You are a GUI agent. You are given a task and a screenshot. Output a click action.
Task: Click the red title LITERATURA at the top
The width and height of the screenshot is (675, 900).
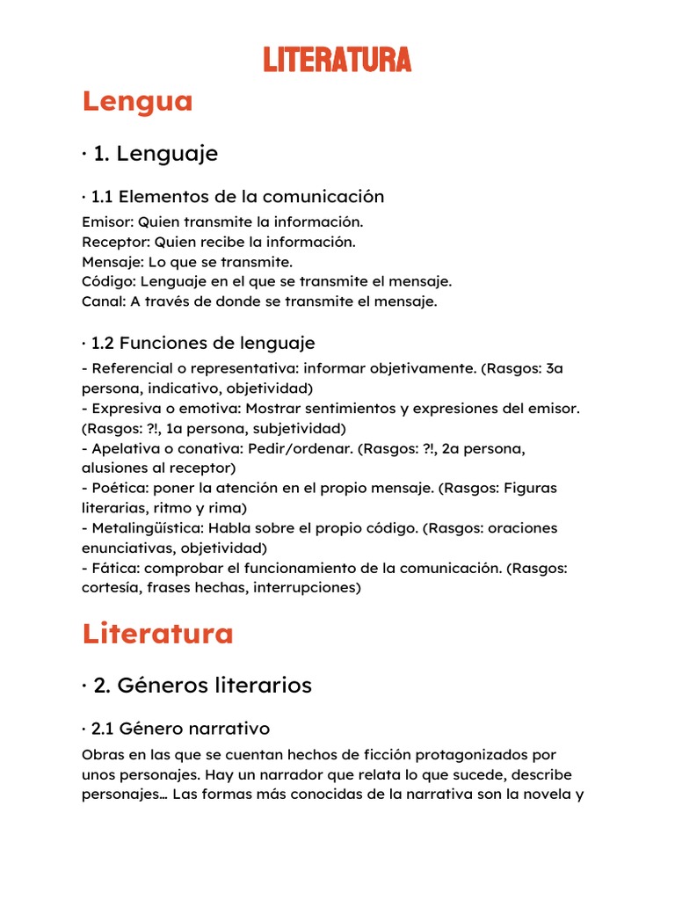tap(337, 60)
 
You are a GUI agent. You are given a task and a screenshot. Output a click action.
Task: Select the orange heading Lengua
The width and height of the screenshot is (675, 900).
tap(137, 102)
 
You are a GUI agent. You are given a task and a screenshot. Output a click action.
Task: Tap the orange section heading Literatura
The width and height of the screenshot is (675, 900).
tap(157, 634)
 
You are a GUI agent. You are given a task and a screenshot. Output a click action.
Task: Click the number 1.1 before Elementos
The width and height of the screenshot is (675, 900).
tap(102, 196)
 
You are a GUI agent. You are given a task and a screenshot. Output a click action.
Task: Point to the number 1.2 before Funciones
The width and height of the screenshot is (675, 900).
tap(103, 343)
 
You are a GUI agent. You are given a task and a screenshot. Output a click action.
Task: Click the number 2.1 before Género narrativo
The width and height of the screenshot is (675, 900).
tap(103, 729)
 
